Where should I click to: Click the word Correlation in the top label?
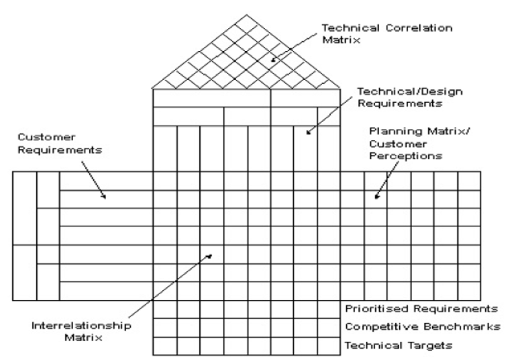[x=419, y=28]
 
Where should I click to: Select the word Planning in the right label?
[x=395, y=132]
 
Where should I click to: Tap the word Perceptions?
[x=405, y=156]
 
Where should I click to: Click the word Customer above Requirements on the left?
[x=46, y=138]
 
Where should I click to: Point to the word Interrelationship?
[x=81, y=326]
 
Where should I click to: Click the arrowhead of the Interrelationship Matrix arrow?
[x=209, y=256]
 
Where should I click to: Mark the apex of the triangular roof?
[x=246, y=14]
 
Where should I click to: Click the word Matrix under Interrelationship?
[x=84, y=338]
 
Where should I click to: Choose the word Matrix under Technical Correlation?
[x=341, y=40]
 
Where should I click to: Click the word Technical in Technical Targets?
[x=372, y=346]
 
